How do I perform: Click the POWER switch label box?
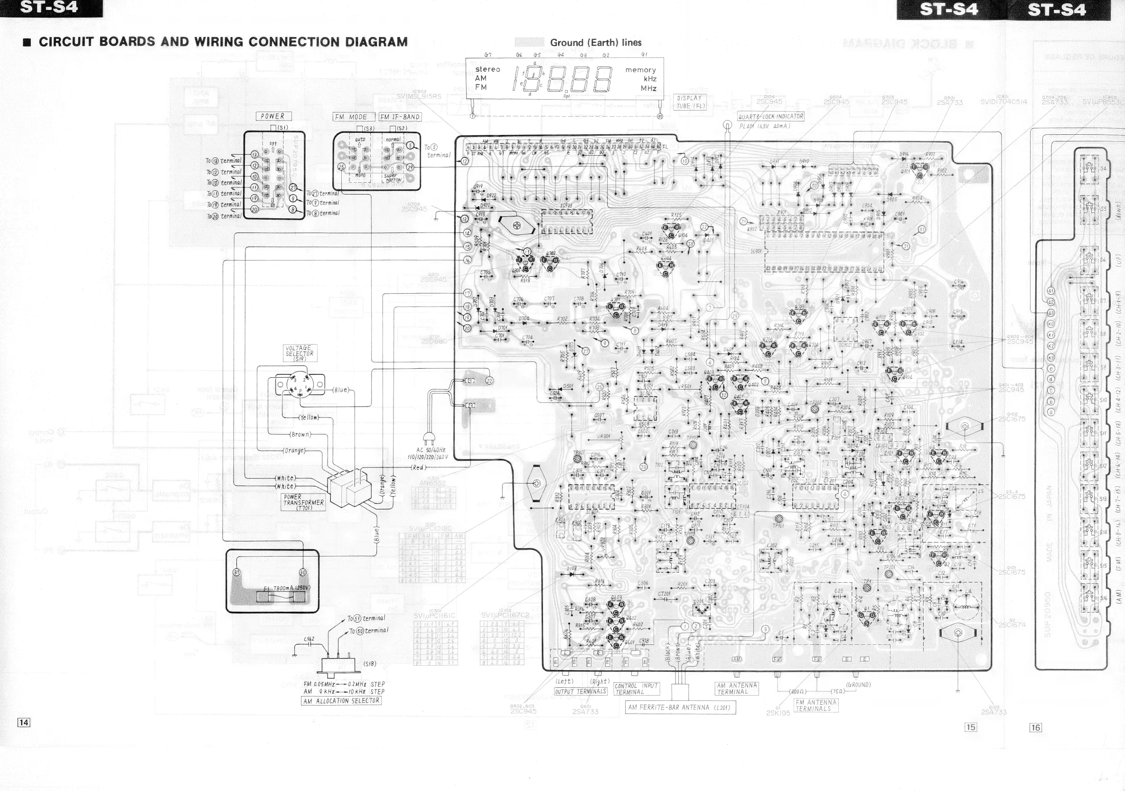point(273,116)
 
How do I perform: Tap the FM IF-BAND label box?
point(400,117)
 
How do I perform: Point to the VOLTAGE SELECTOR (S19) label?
point(300,353)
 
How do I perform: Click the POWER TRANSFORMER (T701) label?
point(303,502)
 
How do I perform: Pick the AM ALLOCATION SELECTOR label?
point(341,701)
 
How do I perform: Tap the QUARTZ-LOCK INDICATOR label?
point(771,117)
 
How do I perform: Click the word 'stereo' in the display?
point(487,69)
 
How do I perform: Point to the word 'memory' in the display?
point(640,70)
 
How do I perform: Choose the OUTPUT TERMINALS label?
point(581,691)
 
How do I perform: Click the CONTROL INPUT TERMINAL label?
point(637,689)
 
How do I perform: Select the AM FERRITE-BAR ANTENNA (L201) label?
point(680,707)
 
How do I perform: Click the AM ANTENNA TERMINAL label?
point(736,688)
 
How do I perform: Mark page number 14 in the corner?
point(24,722)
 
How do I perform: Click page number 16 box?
point(1035,727)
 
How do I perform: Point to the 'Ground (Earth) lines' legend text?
point(595,43)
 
